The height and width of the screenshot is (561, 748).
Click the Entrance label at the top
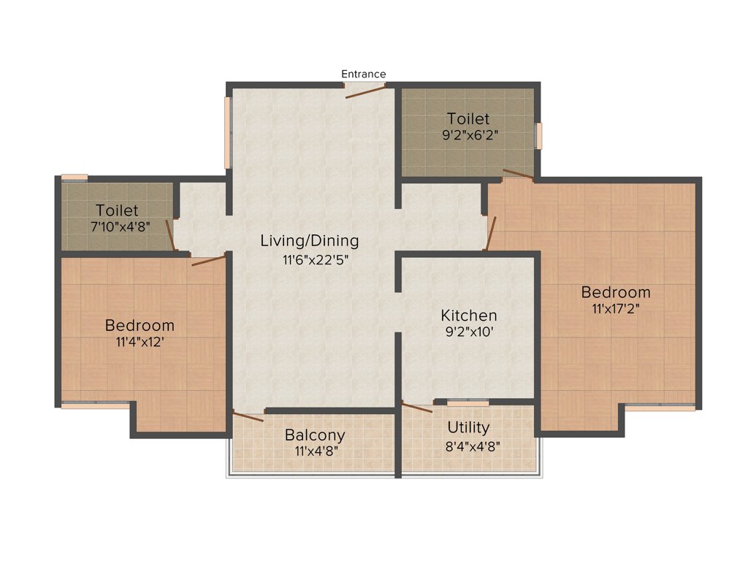[363, 74]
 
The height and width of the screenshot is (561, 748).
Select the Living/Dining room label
[310, 240]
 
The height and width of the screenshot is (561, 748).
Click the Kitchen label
[469, 316]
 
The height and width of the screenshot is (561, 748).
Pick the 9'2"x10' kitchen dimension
[469, 332]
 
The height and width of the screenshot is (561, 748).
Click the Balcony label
[315, 435]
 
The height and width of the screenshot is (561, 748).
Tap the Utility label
[469, 428]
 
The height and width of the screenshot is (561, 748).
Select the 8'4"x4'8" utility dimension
[469, 446]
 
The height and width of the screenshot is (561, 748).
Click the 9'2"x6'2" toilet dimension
[468, 136]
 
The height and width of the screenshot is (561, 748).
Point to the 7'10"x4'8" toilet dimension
[120, 226]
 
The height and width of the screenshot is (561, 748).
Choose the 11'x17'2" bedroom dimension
[615, 309]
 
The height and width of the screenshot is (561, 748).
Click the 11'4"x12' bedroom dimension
[140, 342]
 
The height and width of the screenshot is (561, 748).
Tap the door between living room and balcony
[248, 416]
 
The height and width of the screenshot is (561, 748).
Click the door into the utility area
[417, 408]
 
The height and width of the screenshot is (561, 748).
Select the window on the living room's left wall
[228, 132]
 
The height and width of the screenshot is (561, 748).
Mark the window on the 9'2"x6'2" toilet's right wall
[539, 136]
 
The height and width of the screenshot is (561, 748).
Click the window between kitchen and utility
[468, 402]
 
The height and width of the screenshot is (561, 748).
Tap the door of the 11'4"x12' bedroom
[208, 259]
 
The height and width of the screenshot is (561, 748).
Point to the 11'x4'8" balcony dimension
[315, 452]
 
